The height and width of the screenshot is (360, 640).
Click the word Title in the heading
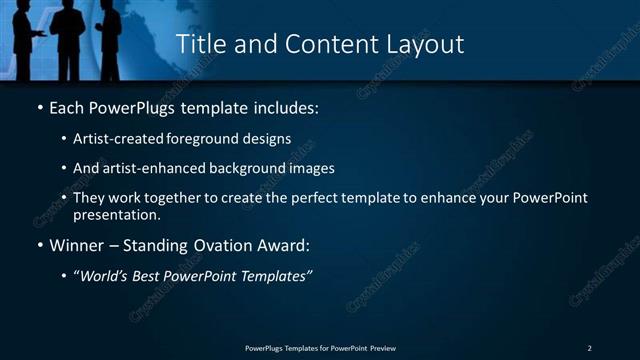tap(199, 45)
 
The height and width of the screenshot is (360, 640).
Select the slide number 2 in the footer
tap(590, 347)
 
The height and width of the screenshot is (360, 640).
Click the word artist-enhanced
tap(149, 168)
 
